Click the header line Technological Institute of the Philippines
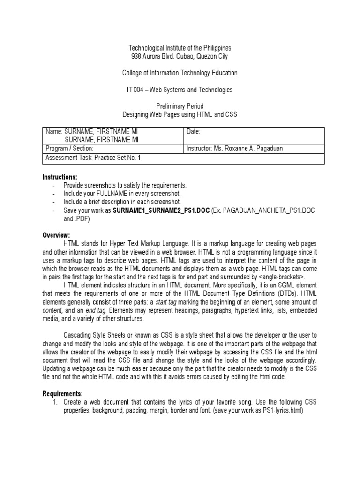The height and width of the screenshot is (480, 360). pyautogui.click(x=180, y=48)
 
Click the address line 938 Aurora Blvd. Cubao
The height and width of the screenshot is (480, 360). pyautogui.click(x=180, y=57)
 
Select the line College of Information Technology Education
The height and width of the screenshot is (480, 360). pyautogui.click(x=180, y=73)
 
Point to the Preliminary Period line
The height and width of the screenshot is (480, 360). pyautogui.click(x=180, y=106)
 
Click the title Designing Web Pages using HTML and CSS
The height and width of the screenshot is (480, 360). pyautogui.click(x=180, y=115)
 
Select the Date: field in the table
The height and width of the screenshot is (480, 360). pyautogui.click(x=193, y=132)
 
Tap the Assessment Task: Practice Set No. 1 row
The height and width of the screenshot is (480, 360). pyautogui.click(x=93, y=157)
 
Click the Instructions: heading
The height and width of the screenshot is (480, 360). pyautogui.click(x=60, y=177)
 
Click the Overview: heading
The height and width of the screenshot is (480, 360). pyautogui.click(x=56, y=235)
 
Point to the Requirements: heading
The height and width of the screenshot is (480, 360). pyautogui.click(x=62, y=393)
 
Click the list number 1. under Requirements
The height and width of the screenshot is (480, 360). pyautogui.click(x=54, y=402)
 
